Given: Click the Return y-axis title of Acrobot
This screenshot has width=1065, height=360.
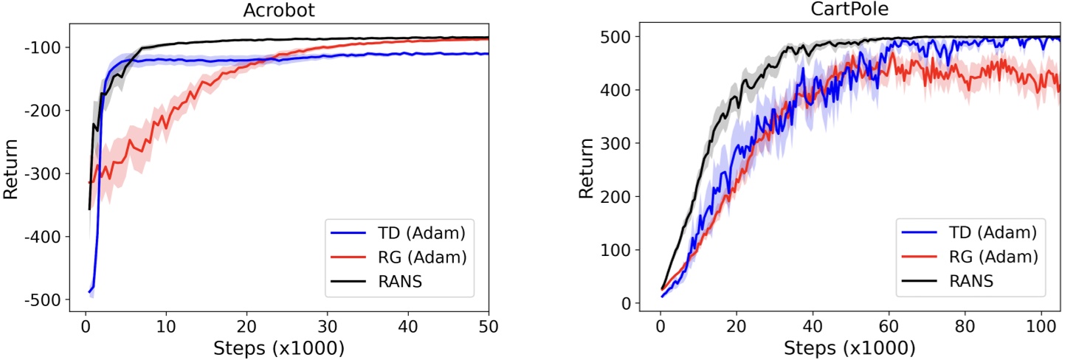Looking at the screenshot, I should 12,173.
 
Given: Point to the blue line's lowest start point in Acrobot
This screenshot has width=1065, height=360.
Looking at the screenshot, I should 89,292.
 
